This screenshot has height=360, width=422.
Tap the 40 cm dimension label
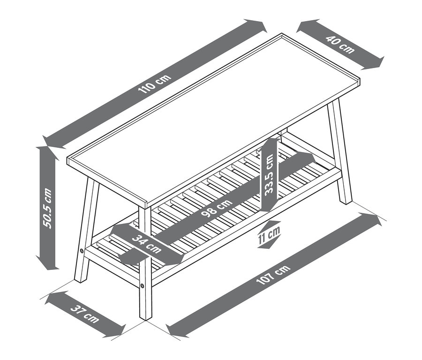click(340, 45)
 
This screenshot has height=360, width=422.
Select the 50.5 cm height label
click(47, 208)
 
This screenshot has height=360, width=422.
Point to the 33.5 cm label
click(269, 174)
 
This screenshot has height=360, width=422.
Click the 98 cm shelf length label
click(217, 208)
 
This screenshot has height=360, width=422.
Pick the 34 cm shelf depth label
click(146, 243)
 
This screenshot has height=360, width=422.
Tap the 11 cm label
click(269, 234)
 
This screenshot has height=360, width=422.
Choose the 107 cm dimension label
click(273, 274)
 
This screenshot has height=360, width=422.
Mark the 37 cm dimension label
click(85, 314)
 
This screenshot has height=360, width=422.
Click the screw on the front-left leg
click(82, 251)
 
